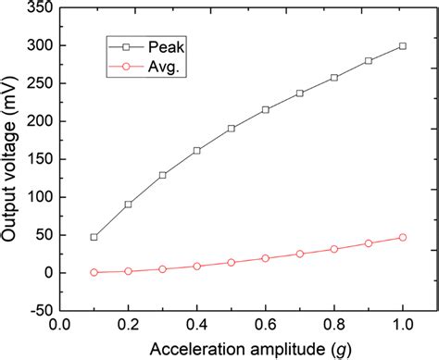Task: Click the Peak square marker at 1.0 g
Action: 402,46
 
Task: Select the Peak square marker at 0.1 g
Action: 94,237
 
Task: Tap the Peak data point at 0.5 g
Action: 231,129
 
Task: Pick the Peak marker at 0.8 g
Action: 334,78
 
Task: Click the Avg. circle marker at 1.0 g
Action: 402,238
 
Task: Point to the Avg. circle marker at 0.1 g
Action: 94,272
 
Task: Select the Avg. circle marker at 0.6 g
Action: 266,258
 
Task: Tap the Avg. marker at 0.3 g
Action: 162,269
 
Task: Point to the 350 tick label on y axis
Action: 36,7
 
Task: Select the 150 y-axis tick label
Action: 36,159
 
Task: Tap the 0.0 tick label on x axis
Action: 59,325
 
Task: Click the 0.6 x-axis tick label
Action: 266,325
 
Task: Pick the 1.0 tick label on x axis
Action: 402,325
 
